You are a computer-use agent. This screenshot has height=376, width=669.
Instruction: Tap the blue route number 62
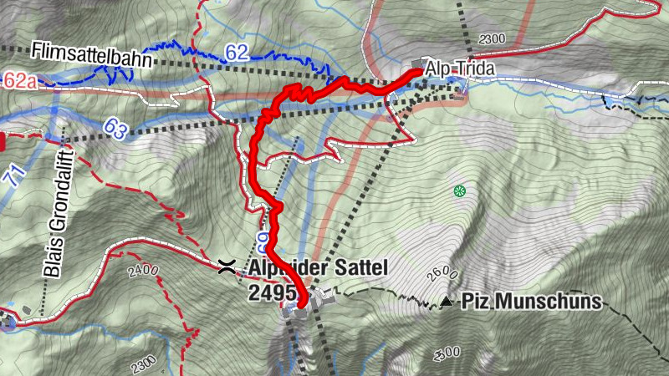[237, 53]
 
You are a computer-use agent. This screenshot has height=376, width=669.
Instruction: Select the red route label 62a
[20, 80]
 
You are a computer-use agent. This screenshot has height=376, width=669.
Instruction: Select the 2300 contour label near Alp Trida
[493, 38]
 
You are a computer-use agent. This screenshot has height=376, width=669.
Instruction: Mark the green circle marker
[458, 191]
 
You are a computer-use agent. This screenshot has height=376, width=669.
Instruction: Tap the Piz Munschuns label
[532, 301]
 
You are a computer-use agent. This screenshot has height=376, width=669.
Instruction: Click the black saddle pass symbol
[224, 267]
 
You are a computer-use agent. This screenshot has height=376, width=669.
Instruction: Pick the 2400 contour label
[143, 270]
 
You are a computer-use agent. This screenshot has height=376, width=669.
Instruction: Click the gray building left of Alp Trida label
[419, 65]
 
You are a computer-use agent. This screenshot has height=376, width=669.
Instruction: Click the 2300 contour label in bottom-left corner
[144, 363]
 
